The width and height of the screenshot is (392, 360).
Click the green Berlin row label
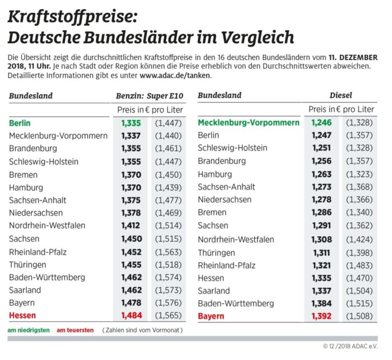20,123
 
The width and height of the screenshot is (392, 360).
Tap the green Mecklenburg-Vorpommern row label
249,123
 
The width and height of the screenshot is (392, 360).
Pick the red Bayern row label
211,316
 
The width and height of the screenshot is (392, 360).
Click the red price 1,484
132,316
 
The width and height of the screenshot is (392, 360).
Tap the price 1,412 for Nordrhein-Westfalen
132,226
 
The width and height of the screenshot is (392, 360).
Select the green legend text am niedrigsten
29,330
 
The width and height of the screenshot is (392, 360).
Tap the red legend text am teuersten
75,330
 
